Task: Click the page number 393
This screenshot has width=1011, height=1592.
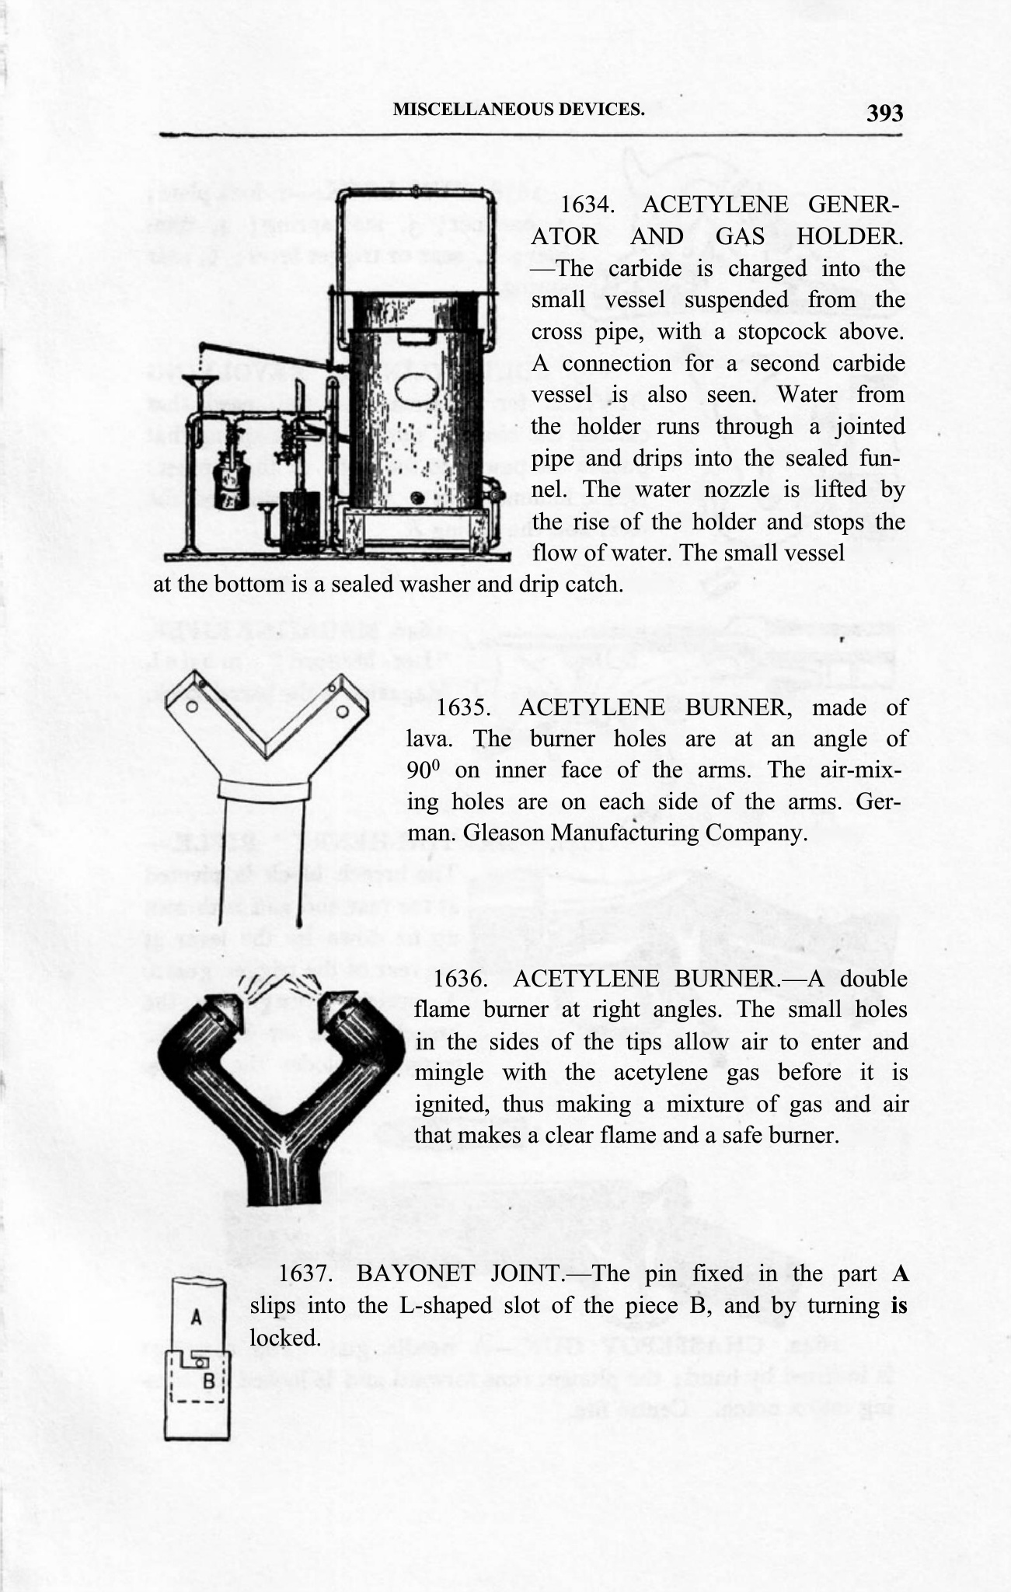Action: tap(885, 113)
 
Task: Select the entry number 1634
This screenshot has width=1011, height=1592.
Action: tap(587, 205)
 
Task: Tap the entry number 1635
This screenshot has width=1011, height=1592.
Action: tap(463, 707)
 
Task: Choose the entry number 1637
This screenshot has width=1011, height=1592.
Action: tap(306, 1273)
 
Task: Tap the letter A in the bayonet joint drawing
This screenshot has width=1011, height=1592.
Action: tap(197, 1317)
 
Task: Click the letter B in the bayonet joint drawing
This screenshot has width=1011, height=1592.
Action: tap(208, 1381)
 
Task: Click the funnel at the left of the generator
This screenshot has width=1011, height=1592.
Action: tap(199, 384)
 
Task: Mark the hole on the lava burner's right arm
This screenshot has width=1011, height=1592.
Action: tap(341, 710)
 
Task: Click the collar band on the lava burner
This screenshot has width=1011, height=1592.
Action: tap(265, 789)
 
